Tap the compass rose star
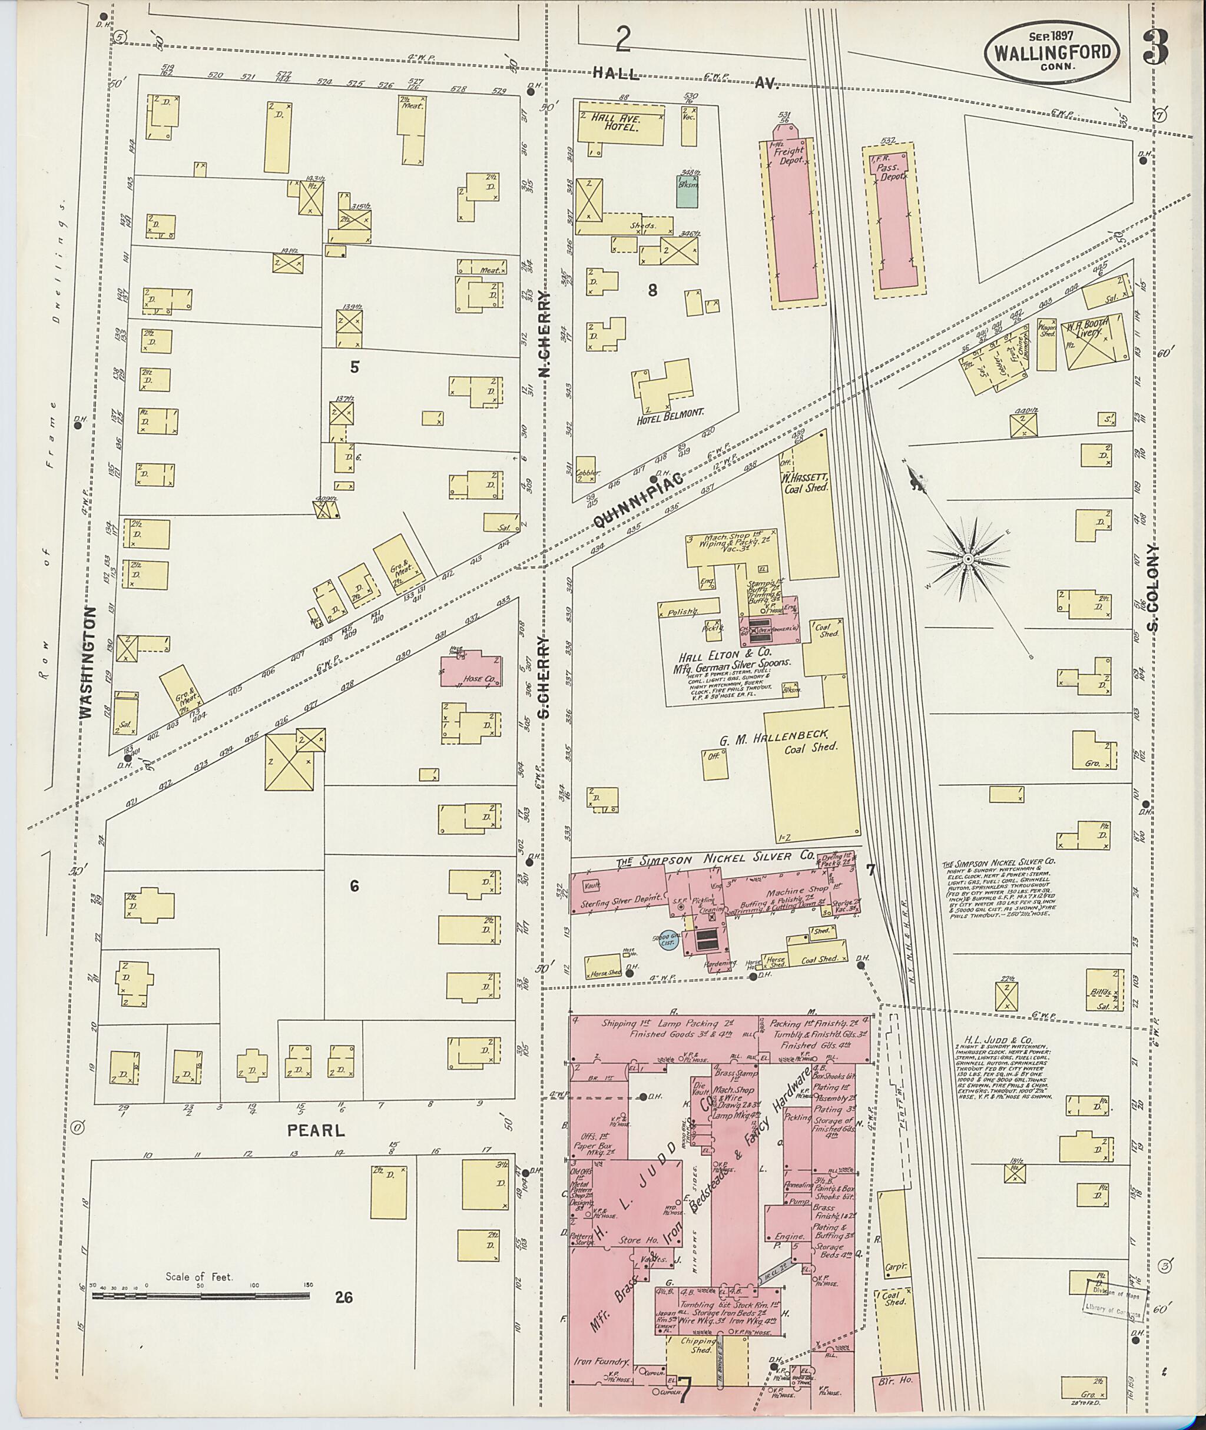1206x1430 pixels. click(968, 560)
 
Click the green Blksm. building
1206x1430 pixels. click(687, 188)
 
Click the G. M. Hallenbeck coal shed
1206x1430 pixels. click(811, 772)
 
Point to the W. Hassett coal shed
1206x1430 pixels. click(810, 499)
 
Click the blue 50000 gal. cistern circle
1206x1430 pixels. click(667, 943)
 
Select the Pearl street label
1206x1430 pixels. click(316, 1130)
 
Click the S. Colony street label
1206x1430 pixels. click(1154, 588)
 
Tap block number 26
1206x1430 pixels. click(344, 1298)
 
